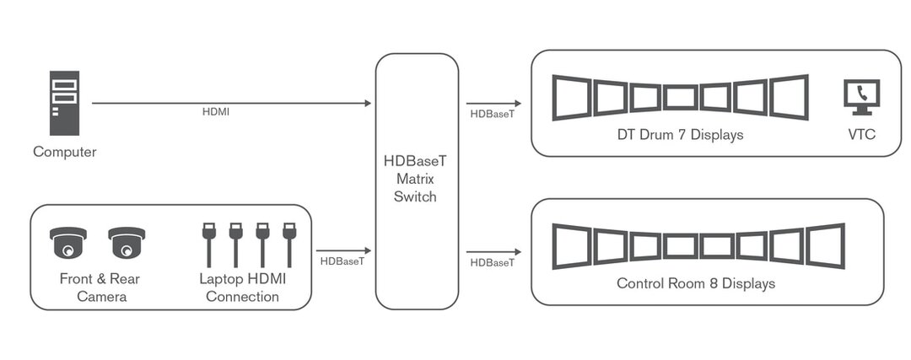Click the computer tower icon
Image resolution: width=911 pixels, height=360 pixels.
click(x=64, y=103)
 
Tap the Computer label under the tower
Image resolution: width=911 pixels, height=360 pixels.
click(x=64, y=153)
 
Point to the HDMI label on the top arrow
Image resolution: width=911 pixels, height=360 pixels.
click(x=216, y=112)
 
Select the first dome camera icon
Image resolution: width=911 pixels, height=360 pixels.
click(x=68, y=244)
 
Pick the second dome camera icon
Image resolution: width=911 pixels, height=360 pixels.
click(x=127, y=244)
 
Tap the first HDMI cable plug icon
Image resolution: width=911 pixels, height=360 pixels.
click(x=208, y=244)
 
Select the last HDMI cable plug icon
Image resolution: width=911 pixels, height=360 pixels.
click(x=289, y=244)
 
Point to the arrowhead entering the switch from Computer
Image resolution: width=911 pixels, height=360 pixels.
click(x=367, y=103)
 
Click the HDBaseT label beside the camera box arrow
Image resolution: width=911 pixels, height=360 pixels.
click(x=342, y=261)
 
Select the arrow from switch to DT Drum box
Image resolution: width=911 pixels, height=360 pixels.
click(x=493, y=103)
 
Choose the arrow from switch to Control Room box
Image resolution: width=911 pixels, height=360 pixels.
click(x=493, y=251)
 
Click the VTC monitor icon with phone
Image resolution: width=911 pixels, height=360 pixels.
click(x=861, y=97)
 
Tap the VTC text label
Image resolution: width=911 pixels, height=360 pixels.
click(x=862, y=135)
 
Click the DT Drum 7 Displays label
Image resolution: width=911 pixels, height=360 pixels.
click(x=680, y=135)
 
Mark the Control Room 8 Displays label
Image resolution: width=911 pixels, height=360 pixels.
click(x=695, y=284)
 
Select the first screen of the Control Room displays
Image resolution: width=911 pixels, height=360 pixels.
click(x=570, y=246)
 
